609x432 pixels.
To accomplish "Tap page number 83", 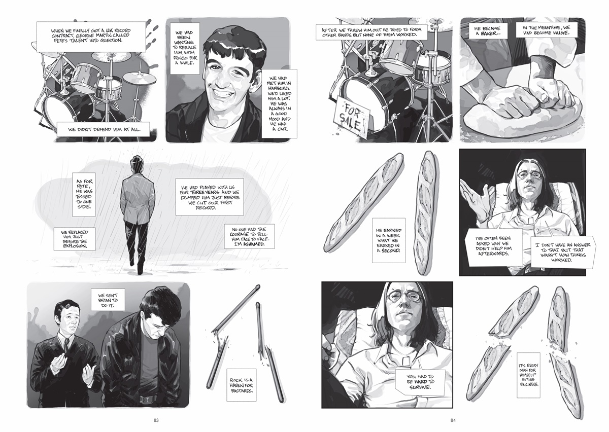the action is [156, 420].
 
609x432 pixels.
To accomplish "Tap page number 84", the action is [453, 420].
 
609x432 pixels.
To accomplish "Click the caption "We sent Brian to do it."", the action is [108, 300].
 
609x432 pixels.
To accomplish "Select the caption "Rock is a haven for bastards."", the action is [242, 385].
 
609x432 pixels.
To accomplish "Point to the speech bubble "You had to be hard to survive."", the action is [420, 382].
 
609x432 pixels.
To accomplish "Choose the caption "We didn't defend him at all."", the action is [104, 130].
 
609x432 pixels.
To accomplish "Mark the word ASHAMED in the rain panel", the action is [254, 244].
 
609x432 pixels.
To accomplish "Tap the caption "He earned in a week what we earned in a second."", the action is [389, 240].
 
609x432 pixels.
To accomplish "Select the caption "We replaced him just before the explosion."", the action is [75, 239].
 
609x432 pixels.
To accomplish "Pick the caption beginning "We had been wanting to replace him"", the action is [185, 48].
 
